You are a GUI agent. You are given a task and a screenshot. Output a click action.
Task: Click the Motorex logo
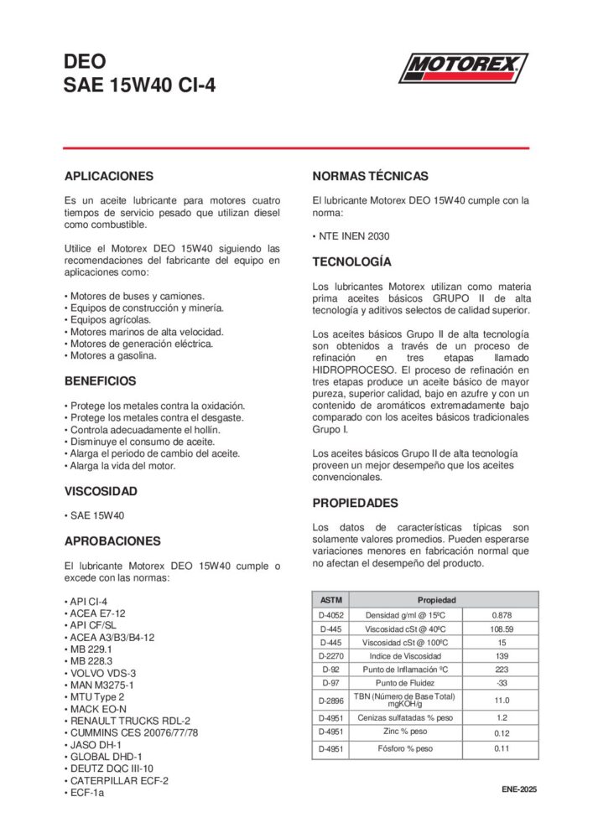[463, 68]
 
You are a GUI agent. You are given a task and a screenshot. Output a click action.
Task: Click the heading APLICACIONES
[109, 177]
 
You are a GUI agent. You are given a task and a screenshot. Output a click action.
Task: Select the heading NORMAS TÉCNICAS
[370, 177]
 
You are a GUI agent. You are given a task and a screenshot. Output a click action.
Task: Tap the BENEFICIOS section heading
[100, 381]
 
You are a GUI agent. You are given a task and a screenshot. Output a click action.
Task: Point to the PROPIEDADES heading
[355, 504]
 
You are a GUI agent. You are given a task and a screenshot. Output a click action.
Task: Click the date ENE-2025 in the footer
[519, 790]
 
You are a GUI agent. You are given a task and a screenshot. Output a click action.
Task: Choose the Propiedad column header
[436, 601]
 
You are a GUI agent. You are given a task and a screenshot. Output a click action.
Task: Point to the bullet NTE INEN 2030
[352, 236]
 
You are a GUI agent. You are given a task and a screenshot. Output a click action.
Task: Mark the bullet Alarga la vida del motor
[122, 466]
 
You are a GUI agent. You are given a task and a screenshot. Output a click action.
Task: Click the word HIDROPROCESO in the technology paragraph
[352, 369]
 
